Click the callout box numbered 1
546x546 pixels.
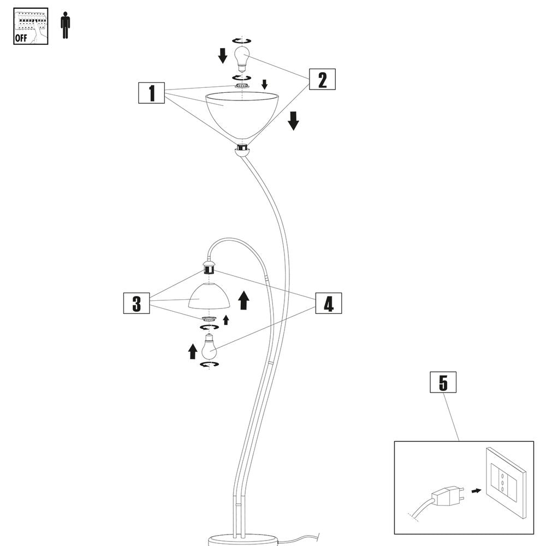tap(151, 93)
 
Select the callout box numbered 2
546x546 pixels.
tap(322, 80)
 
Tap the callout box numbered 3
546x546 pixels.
tap(136, 303)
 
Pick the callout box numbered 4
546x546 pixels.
tap(328, 303)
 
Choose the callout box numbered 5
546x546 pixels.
tap(443, 383)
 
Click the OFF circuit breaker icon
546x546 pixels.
tap(31, 26)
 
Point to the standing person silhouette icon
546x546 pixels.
tap(66, 25)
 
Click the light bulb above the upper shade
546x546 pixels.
tap(241, 58)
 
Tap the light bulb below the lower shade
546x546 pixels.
tap(209, 346)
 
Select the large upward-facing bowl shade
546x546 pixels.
tap(242, 113)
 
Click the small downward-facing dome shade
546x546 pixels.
tap(209, 297)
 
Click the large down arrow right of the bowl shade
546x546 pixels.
tap(293, 121)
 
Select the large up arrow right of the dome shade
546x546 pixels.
tap(244, 300)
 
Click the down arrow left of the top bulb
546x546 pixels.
tap(223, 55)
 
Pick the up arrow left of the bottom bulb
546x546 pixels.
tap(192, 352)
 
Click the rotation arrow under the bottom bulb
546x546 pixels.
tap(209, 364)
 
